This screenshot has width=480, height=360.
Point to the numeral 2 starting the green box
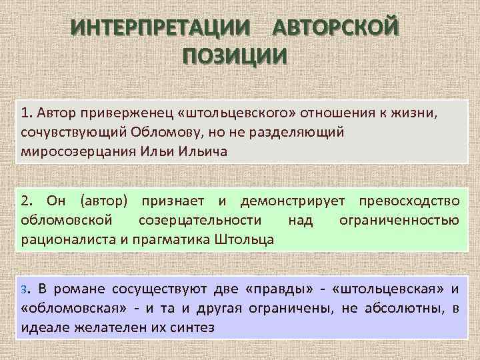pyautogui.click(x=25, y=201)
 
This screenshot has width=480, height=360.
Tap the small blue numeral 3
pyautogui.click(x=24, y=289)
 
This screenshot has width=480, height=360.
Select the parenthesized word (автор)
pyautogui.click(x=105, y=201)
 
